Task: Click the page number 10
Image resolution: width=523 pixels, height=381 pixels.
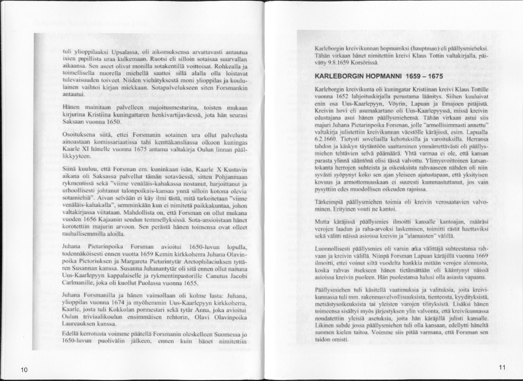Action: [x=24, y=370]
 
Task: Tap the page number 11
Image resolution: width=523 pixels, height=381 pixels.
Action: [x=502, y=367]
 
